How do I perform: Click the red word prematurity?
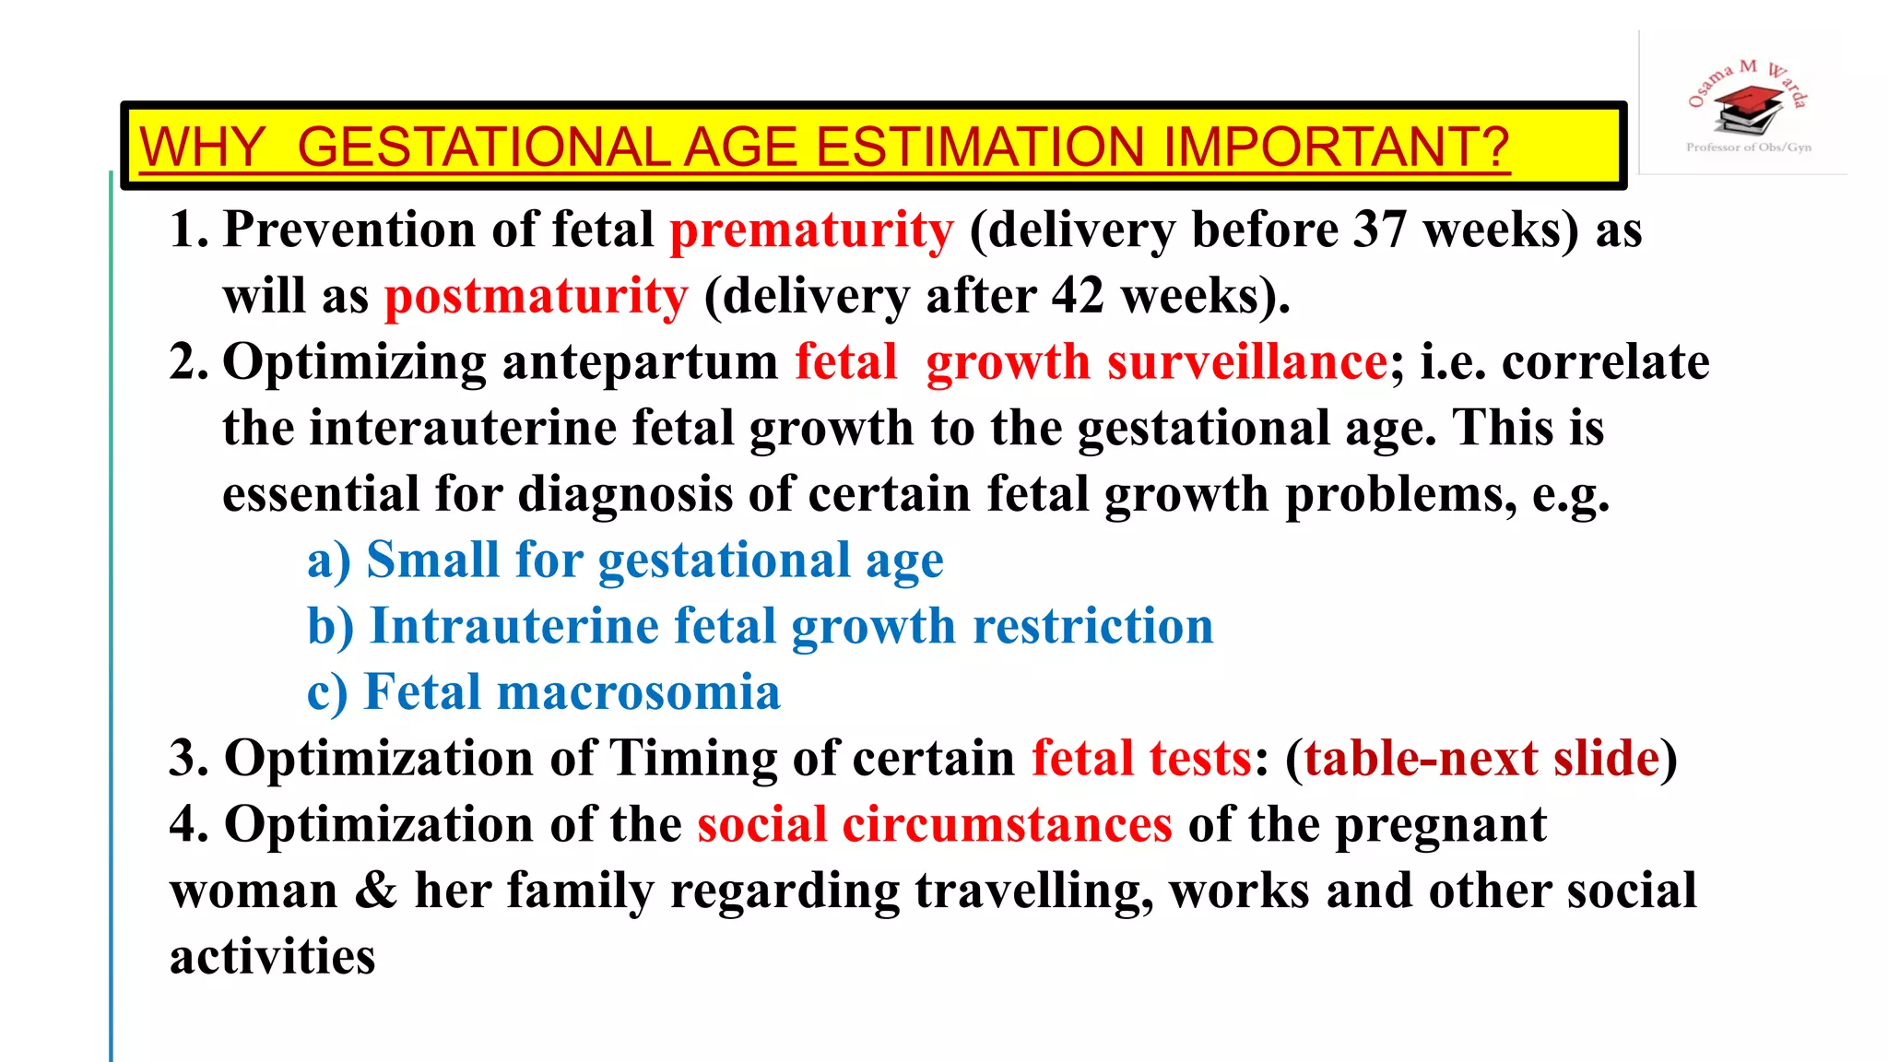click(x=811, y=230)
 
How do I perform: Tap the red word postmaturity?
click(x=536, y=297)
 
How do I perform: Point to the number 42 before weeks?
click(x=1078, y=296)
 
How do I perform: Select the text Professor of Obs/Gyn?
click(x=1748, y=147)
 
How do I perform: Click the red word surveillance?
click(x=1247, y=362)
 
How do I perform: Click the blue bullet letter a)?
click(x=329, y=560)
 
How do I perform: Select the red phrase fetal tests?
click(x=1141, y=759)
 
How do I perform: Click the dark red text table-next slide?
click(x=1481, y=759)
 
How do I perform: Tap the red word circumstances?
click(x=1007, y=824)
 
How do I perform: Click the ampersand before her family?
click(x=375, y=891)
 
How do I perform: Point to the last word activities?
click(x=272, y=957)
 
